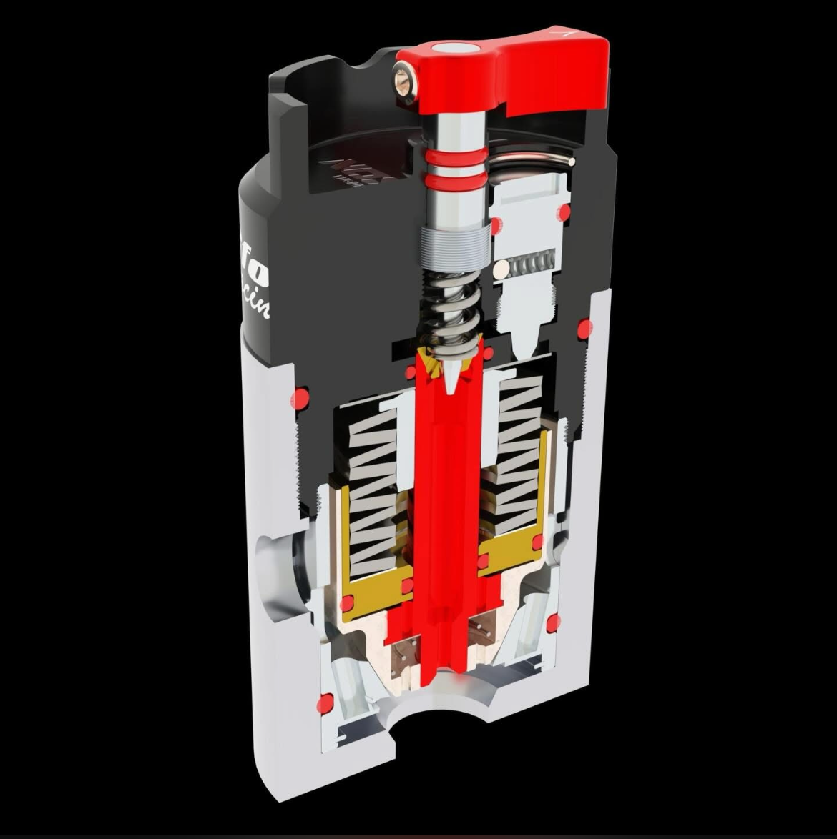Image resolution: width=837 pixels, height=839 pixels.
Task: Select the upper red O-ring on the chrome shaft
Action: [455, 154]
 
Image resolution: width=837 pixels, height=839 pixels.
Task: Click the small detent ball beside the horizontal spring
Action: [502, 269]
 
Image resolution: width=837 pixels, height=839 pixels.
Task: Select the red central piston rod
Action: [445, 500]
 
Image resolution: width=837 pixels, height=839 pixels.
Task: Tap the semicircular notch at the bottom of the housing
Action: [436, 715]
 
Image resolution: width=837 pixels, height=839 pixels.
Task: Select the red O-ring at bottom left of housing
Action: [325, 704]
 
